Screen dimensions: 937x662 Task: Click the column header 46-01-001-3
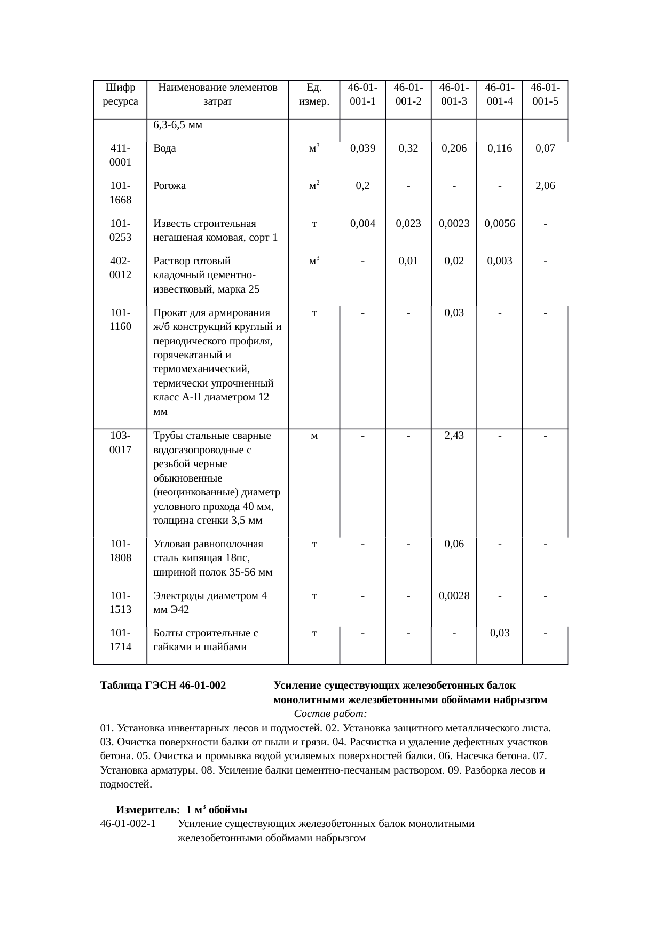pyautogui.click(x=454, y=94)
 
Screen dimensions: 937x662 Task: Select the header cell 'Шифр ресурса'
pyautogui.click(x=120, y=94)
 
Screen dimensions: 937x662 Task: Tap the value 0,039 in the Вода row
pyautogui.click(x=362, y=148)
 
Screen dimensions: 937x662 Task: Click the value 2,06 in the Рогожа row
pyautogui.click(x=545, y=186)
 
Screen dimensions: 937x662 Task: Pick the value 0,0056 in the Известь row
pyautogui.click(x=499, y=224)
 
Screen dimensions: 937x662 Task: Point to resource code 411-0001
pyautogui.click(x=120, y=155)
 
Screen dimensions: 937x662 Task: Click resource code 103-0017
pyautogui.click(x=120, y=443)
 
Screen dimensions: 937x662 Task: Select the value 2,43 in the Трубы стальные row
pyautogui.click(x=454, y=436)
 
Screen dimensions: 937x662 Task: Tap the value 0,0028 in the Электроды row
pyautogui.click(x=454, y=596)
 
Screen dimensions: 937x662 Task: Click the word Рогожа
pyautogui.click(x=169, y=186)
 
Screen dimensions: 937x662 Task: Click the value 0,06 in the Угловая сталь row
pyautogui.click(x=454, y=544)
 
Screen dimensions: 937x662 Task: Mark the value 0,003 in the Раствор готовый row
pyautogui.click(x=499, y=261)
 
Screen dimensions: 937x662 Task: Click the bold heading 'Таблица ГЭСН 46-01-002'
pyautogui.click(x=163, y=686)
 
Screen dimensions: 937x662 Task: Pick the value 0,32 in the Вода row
pyautogui.click(x=408, y=148)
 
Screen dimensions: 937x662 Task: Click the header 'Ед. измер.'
pyautogui.click(x=314, y=94)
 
